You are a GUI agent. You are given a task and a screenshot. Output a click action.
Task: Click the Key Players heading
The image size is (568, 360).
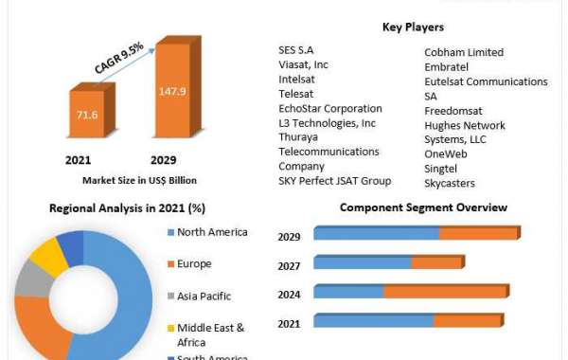click(x=413, y=27)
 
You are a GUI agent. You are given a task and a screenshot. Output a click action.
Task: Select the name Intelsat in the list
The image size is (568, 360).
click(x=298, y=81)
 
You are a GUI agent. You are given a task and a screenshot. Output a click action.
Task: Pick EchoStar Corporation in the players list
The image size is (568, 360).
click(x=330, y=109)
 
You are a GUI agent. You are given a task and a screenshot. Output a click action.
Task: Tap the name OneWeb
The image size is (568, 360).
click(x=445, y=153)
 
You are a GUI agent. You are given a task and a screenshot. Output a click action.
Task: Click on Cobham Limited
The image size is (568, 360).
click(x=464, y=52)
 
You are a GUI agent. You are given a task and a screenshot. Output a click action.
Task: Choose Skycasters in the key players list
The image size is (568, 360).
click(x=450, y=182)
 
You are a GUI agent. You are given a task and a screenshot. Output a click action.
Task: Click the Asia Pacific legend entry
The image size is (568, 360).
click(x=204, y=295)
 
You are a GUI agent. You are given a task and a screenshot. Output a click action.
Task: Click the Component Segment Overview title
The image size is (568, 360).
click(x=423, y=207)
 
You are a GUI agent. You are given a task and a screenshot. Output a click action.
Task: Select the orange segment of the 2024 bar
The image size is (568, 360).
click(x=444, y=292)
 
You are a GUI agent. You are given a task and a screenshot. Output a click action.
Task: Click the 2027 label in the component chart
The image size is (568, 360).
click(x=290, y=266)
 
